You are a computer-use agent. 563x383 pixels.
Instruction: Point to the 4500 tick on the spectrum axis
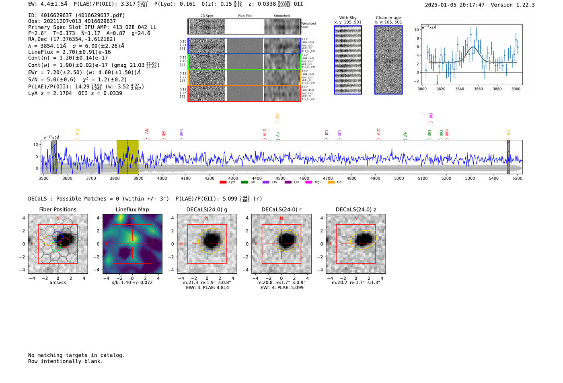pos(280,178)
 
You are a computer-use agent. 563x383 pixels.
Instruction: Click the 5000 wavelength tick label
pos(399,178)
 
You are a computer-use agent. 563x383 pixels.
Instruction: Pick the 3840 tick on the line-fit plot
pos(460,89)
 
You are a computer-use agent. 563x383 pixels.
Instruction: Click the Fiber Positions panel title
pos(58,209)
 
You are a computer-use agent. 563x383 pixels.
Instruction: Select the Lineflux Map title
pos(132,209)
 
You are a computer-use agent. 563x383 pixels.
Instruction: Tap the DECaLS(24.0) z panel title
pos(356,209)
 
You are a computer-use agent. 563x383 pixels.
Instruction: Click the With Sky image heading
pos(348,18)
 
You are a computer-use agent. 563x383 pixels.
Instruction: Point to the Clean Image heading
pos(388,18)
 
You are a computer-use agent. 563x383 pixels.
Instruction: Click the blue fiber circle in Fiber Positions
pos(58,236)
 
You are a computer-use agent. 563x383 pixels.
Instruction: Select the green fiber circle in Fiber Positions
pos(55,246)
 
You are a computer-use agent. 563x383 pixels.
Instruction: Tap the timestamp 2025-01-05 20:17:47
pos(454,5)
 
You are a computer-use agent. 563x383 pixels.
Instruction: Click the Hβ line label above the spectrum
pos(405,135)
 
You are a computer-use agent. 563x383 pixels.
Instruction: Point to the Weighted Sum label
pos(308,25)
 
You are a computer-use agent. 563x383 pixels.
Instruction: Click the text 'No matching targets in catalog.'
pos(76,355)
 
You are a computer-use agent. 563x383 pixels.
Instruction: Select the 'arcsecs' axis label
pos(58,283)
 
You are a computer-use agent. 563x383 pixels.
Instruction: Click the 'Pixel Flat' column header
pos(245,16)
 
